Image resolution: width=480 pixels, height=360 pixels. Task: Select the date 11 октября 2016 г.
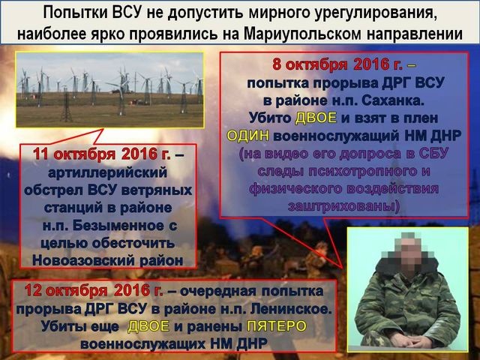102,154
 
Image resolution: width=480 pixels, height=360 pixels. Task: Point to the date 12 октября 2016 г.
94,290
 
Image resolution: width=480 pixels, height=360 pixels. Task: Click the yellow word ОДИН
248,135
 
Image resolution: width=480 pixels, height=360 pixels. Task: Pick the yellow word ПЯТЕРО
277,325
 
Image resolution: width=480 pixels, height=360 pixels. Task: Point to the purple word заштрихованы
343,205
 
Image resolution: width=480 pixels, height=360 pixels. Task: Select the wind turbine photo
109,89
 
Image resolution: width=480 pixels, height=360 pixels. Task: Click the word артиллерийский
108,172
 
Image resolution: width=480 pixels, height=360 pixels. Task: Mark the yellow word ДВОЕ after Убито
316,118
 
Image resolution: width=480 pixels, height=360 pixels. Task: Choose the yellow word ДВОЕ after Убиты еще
148,325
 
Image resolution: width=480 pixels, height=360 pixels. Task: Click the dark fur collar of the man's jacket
408,265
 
